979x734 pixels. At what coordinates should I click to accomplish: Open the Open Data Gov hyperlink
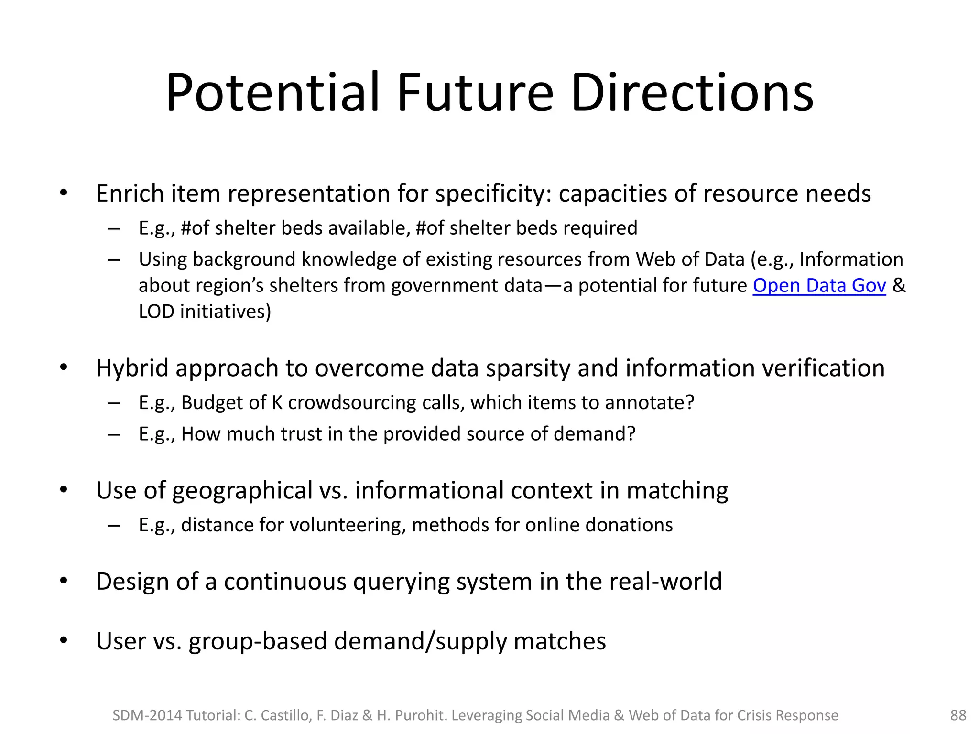(819, 285)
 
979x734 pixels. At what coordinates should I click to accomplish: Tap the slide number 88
(958, 715)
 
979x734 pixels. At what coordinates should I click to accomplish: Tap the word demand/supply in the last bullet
(420, 641)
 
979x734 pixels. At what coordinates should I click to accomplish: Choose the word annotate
(649, 402)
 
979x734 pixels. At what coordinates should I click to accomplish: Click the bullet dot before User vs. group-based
(64, 640)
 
